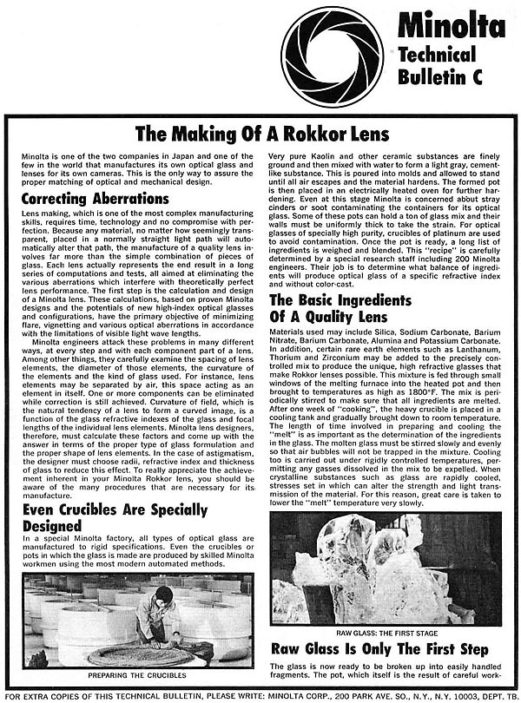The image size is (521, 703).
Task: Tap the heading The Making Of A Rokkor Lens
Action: [260, 133]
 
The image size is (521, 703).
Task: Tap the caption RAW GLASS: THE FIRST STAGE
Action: [385, 634]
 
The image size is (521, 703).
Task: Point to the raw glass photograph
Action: [385, 568]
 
